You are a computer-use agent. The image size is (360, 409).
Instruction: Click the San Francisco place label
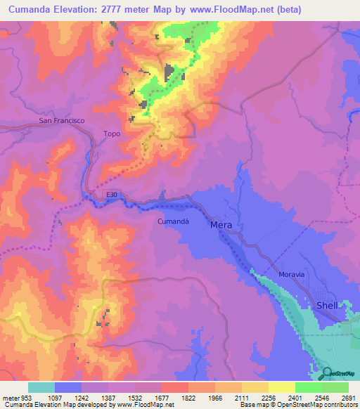point(61,121)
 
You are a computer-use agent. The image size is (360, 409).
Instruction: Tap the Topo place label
point(112,134)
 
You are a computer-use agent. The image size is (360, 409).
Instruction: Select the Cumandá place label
point(170,220)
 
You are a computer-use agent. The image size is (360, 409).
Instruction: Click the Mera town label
point(221,225)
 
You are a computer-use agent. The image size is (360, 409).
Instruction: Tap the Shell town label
point(327,306)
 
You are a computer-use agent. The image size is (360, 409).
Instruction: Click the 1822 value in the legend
point(188,398)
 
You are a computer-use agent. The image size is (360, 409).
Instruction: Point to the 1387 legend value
point(108,398)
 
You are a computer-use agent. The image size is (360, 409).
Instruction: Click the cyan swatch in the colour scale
point(41,387)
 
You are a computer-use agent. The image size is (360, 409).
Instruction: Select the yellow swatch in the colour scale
point(282,387)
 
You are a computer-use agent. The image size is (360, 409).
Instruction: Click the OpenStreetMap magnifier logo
point(326,372)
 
